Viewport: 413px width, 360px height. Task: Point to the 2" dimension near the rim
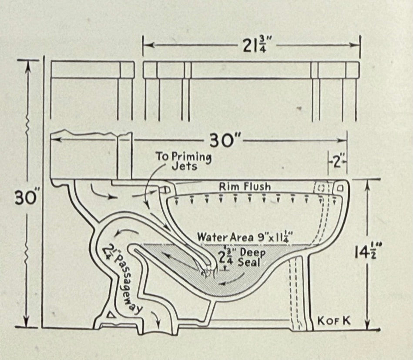[337, 163]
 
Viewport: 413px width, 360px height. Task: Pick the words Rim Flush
[245, 187]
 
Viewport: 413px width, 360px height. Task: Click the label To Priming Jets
[183, 161]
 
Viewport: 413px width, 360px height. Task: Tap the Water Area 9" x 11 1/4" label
[244, 237]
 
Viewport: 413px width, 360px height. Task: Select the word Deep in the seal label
[252, 253]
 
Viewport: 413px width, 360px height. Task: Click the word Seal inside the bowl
[248, 262]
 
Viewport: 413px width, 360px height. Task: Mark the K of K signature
[334, 321]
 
